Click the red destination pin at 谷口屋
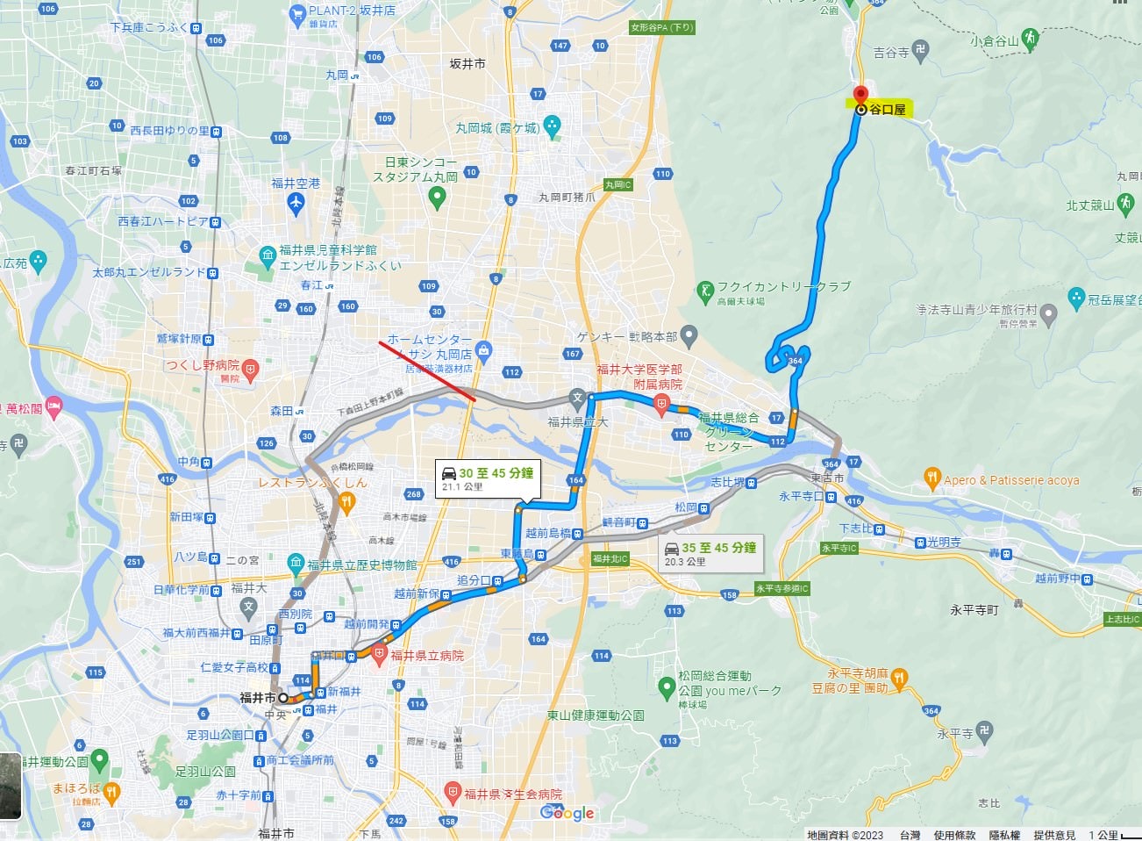pyautogui.click(x=860, y=95)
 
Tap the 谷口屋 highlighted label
pyautogui.click(x=887, y=110)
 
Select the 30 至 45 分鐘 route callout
pyautogui.click(x=488, y=478)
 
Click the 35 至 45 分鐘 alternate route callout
pyautogui.click(x=710, y=552)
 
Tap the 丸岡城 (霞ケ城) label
pyautogui.click(x=497, y=128)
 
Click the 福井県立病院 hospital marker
pyautogui.click(x=380, y=654)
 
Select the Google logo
pyautogui.click(x=567, y=813)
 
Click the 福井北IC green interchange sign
pyautogui.click(x=610, y=558)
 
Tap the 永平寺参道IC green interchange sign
pyautogui.click(x=782, y=588)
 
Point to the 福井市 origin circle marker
pyautogui.click(x=283, y=698)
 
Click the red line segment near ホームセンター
pyautogui.click(x=427, y=370)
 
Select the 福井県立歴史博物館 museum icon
pyautogui.click(x=296, y=563)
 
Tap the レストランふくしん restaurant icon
pyautogui.click(x=346, y=502)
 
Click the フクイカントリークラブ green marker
pyautogui.click(x=705, y=290)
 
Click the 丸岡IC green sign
pyautogui.click(x=617, y=184)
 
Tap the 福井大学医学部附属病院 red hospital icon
pyautogui.click(x=662, y=403)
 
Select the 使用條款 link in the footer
pyautogui.click(x=954, y=835)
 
